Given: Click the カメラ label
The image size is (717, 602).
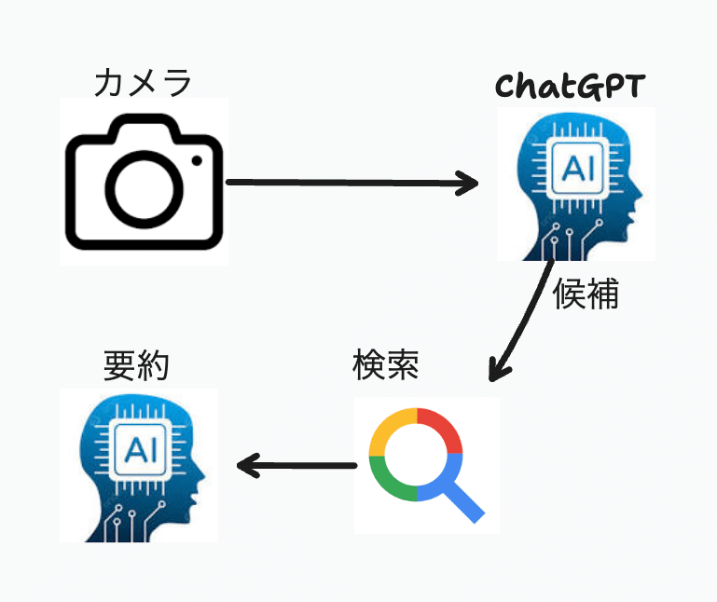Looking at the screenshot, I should (x=143, y=83).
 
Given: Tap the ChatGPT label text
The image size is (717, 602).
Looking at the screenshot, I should (x=570, y=87).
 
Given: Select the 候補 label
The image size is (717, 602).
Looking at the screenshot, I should (x=586, y=294).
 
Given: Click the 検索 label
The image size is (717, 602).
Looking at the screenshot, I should (x=385, y=364).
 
